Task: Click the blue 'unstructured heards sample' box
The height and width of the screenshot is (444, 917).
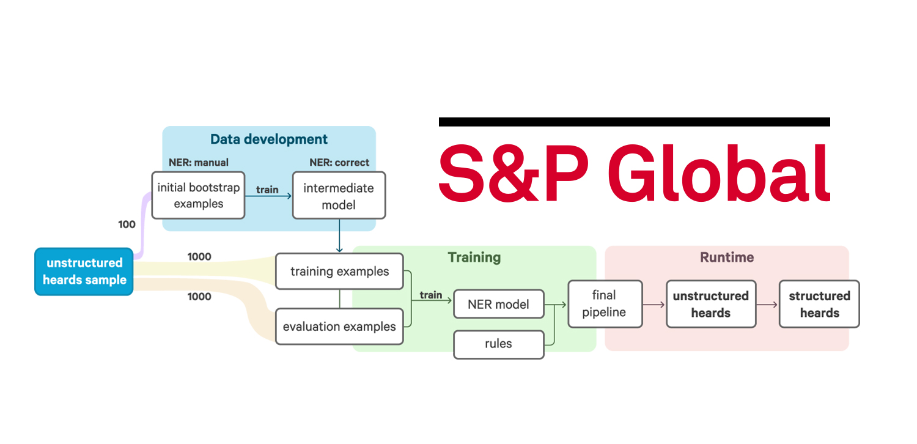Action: click(84, 272)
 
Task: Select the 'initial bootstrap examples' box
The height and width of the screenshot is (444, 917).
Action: click(198, 196)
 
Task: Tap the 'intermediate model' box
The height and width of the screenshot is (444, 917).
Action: click(339, 196)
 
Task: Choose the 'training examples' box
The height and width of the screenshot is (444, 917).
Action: click(339, 272)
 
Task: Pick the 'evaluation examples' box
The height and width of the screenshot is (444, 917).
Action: click(339, 327)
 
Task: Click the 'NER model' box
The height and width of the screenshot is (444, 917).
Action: click(498, 304)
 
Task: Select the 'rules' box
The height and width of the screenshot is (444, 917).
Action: click(498, 344)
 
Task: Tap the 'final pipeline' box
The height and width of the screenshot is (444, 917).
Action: click(605, 304)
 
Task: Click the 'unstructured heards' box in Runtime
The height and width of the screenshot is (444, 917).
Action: click(710, 304)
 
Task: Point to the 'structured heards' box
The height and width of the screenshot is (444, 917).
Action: click(819, 304)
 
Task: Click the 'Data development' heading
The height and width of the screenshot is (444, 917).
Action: click(269, 139)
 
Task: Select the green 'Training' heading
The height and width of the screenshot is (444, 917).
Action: click(474, 257)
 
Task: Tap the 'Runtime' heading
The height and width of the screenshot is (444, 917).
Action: click(727, 257)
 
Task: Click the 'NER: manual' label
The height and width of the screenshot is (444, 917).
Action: click(199, 163)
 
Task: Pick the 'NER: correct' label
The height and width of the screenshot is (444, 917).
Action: click(339, 163)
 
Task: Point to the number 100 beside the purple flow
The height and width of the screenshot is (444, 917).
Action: click(127, 224)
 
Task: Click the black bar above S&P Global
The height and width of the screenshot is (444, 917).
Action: click(634, 122)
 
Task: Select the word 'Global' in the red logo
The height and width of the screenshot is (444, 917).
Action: click(721, 174)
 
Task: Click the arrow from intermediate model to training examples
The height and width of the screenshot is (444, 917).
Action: click(339, 236)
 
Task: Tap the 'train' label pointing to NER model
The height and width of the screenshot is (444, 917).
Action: click(430, 295)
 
